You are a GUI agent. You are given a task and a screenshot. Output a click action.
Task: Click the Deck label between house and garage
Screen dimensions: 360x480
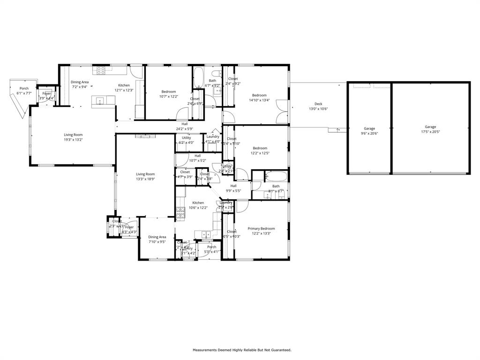pos(318,104)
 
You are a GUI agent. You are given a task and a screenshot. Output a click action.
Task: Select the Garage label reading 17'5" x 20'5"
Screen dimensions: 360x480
pos(430,127)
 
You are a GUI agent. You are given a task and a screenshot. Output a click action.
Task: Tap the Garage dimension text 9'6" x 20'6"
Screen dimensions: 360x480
pos(369,134)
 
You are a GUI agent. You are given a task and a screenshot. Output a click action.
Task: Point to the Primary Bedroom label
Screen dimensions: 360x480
pos(261,229)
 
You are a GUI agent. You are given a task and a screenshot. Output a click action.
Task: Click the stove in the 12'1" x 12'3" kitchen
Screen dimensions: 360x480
pos(101,70)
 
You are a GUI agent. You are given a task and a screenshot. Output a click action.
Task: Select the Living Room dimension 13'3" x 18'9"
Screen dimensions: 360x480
pos(145,179)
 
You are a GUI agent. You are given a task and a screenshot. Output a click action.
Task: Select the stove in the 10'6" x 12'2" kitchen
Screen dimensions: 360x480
pos(180,214)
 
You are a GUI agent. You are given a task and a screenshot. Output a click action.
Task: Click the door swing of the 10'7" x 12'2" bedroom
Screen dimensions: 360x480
pos(184,114)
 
